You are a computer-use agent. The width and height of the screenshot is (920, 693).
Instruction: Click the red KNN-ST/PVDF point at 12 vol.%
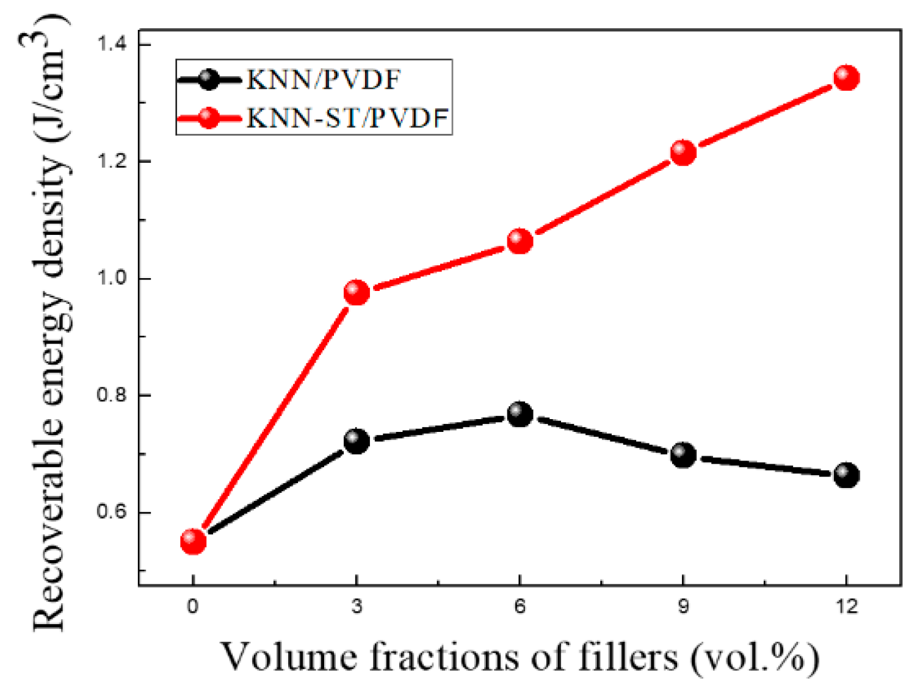pos(846,77)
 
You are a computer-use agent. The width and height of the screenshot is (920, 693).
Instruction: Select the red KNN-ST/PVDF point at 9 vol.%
pos(683,152)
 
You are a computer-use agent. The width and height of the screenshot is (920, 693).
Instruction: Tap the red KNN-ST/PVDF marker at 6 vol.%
pos(520,241)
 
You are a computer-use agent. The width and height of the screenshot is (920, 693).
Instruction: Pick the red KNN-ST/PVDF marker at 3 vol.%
pos(357,292)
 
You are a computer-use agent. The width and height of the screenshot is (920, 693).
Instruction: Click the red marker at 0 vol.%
pos(193,540)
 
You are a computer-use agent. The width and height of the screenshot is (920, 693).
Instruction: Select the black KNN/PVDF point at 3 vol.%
pos(357,440)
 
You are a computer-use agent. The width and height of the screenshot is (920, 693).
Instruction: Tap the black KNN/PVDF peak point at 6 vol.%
pos(520,414)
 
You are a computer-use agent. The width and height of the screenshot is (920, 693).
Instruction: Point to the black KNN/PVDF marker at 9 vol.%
pos(683,454)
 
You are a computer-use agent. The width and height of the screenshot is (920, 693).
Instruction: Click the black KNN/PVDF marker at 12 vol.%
pos(846,475)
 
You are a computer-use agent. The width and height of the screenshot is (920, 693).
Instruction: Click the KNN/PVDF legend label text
pos(324,80)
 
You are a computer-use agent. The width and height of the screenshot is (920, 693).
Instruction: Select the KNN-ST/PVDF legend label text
pos(347,118)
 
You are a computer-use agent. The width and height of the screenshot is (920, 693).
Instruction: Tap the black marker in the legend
pos(209,79)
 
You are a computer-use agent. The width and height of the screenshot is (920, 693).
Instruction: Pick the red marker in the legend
pos(209,117)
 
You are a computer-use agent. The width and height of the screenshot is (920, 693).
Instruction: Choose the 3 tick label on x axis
pos(357,606)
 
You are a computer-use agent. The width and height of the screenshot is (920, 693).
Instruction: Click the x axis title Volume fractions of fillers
pos(520,658)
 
